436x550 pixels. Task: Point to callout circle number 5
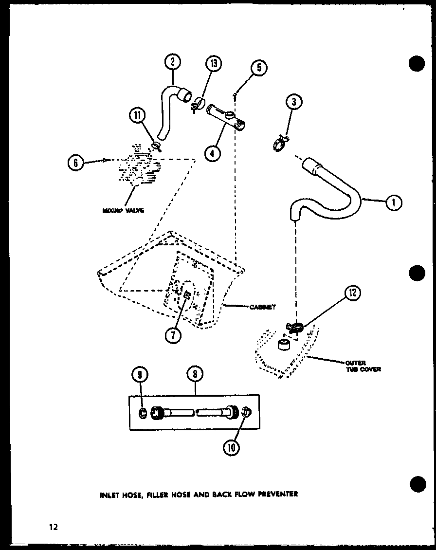pos(259,68)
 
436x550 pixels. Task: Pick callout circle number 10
pos(232,446)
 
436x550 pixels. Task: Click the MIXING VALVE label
pos(123,211)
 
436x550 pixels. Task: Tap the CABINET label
pos(263,307)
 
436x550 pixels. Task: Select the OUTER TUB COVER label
pos(363,366)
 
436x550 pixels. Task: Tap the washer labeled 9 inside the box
pos(143,413)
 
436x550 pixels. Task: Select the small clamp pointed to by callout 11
pos(156,145)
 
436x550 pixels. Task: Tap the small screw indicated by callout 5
pos(235,95)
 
